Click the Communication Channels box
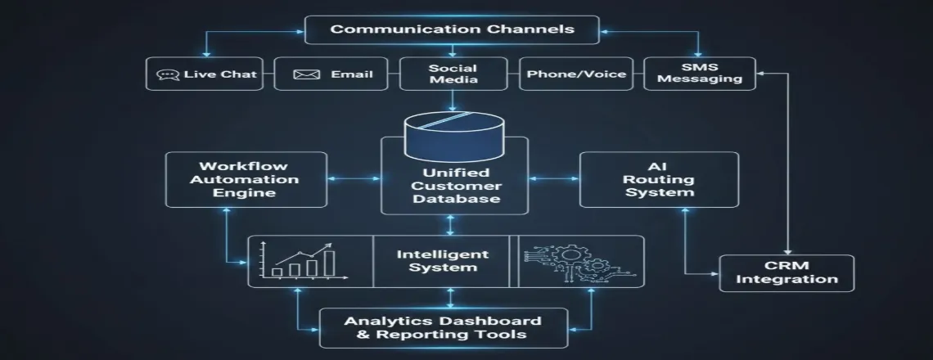[452, 29]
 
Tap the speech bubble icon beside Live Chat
[167, 74]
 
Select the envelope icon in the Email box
[305, 74]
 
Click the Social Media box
[452, 74]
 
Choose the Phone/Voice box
[576, 74]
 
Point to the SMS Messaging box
[699, 74]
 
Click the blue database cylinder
[452, 136]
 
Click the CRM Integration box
[786, 273]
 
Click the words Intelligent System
[442, 260]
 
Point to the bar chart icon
[303, 260]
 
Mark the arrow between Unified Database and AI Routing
[554, 177]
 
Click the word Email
[352, 74]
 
